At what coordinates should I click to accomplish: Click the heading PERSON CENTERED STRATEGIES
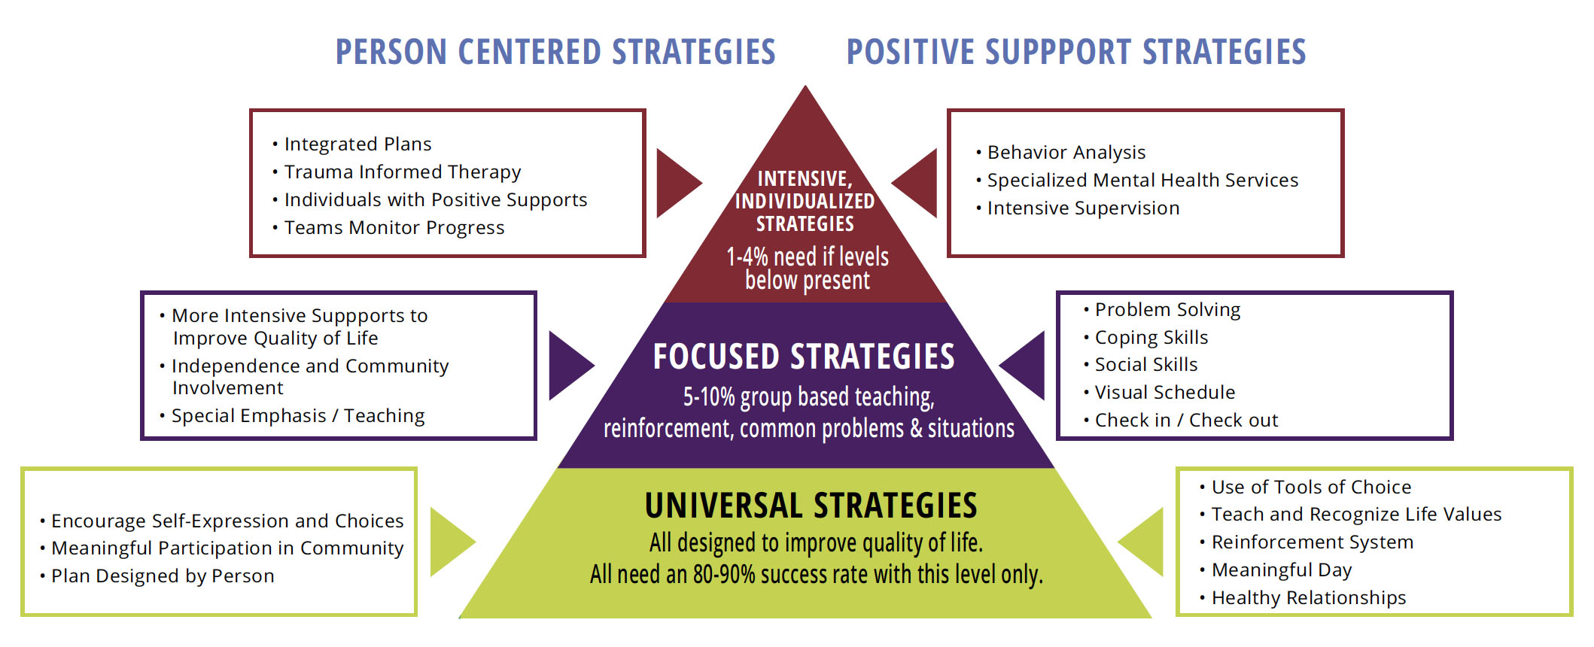tap(555, 52)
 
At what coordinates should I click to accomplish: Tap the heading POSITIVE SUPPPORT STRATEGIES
tap(1075, 52)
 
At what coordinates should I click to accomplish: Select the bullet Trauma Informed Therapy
tap(402, 172)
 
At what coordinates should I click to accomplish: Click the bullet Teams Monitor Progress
tap(394, 228)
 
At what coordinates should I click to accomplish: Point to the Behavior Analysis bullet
tap(1066, 153)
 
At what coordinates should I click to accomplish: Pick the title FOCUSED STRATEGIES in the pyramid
tap(803, 357)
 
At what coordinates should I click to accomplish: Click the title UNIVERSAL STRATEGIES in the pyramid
tap(811, 506)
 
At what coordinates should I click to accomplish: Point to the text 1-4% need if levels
tap(807, 257)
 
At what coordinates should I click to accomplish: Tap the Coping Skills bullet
tap(1151, 338)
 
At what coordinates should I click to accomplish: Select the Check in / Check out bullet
tap(1185, 421)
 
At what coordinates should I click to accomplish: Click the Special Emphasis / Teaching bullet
tap(297, 416)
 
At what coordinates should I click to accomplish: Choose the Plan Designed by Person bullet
tap(162, 576)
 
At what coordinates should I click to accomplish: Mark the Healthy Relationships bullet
tap(1308, 598)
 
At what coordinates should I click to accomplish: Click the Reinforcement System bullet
tap(1312, 542)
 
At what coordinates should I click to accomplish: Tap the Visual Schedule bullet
tap(1164, 393)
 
